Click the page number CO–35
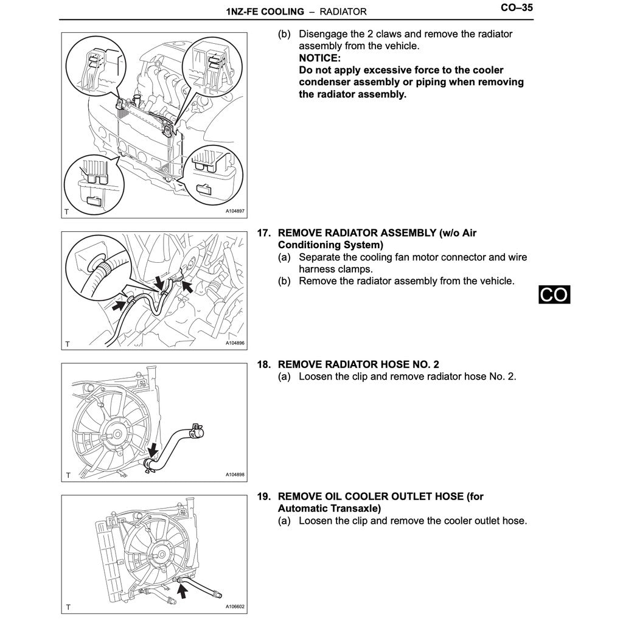point(517,9)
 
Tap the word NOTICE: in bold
point(319,58)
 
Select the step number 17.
point(263,233)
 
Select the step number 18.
point(263,364)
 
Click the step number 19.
point(263,496)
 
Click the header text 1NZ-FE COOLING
point(264,12)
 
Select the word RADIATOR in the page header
point(343,12)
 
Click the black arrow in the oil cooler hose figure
point(182,588)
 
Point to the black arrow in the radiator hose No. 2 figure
point(153,451)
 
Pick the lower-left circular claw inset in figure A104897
point(94,183)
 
